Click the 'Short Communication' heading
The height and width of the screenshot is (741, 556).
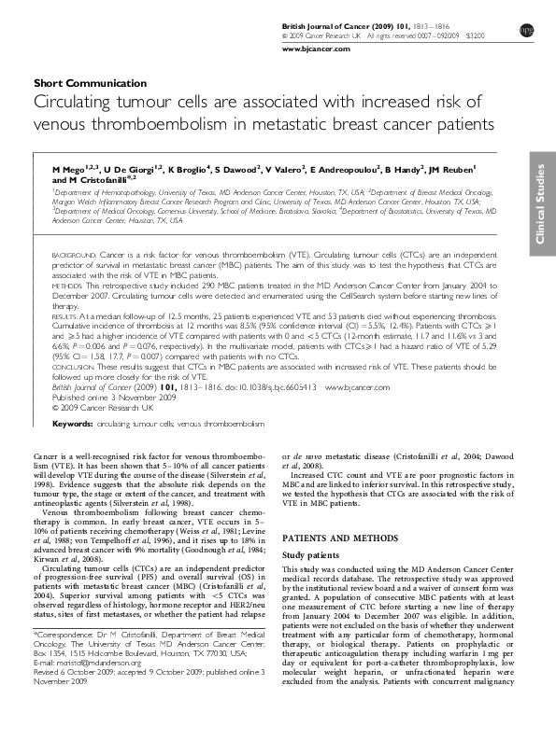[x=90, y=83]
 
